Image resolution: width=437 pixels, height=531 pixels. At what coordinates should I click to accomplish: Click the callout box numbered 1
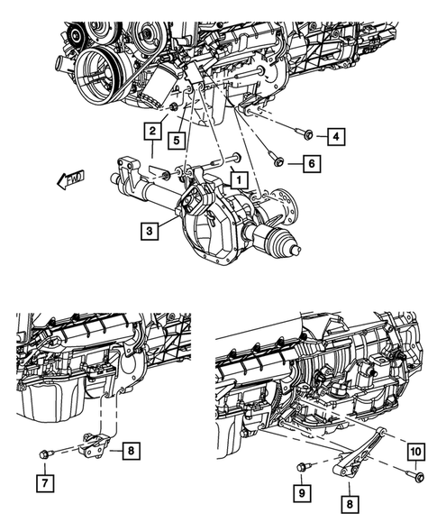click(x=238, y=180)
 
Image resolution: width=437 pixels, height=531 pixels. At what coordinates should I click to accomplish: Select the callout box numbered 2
click(x=153, y=132)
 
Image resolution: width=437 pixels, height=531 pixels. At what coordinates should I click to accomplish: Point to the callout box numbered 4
click(x=334, y=137)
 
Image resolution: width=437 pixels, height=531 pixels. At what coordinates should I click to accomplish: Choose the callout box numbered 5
click(x=180, y=141)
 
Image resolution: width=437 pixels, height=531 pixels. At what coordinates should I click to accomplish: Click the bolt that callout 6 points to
click(x=278, y=162)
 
